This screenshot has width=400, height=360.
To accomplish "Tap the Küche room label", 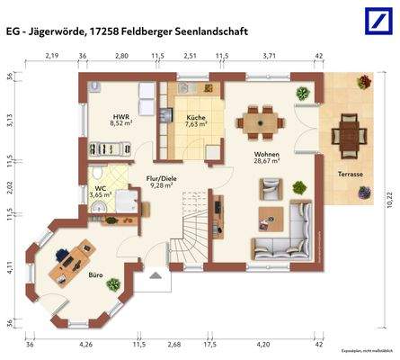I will tap(196, 118).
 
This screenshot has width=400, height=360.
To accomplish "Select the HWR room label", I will tap(120, 118).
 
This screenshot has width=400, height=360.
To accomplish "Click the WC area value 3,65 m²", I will tap(101, 194).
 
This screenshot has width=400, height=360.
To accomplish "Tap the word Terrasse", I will tap(350, 173).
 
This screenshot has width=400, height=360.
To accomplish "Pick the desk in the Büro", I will tap(72, 258).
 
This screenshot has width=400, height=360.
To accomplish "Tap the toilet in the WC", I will tap(97, 174).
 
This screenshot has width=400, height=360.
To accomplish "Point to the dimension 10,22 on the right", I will tap(388, 203).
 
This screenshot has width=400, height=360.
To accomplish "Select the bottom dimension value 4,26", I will tap(85, 344).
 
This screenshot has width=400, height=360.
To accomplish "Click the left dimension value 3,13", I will tap(10, 121).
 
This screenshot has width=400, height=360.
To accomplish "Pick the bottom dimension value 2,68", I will tap(174, 344).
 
